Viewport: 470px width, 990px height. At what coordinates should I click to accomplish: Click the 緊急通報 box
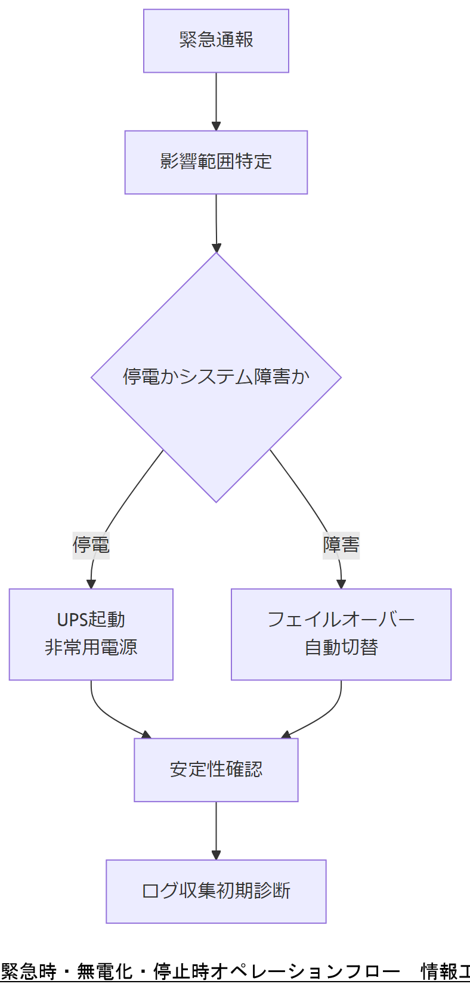tap(216, 41)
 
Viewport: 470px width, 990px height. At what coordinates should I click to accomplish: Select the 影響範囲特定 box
tap(216, 162)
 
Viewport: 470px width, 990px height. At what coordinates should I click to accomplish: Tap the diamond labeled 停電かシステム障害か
tap(216, 377)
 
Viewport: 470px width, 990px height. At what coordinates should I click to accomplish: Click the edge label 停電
tap(91, 544)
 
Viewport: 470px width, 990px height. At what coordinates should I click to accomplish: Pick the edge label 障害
tap(341, 544)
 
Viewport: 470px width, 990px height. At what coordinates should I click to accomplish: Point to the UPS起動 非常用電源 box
tap(91, 634)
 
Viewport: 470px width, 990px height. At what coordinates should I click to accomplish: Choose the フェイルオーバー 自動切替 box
tap(341, 634)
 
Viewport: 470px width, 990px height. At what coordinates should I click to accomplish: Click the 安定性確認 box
tap(216, 769)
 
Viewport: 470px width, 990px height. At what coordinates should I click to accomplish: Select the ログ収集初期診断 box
tap(216, 891)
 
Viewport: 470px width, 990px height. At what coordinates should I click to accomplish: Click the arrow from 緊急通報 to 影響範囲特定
tap(216, 101)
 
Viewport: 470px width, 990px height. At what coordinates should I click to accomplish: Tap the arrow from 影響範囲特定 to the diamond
tap(216, 223)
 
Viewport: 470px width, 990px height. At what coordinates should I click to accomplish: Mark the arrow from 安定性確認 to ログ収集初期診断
tap(216, 830)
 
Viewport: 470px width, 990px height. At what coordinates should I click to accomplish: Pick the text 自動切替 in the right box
tap(341, 648)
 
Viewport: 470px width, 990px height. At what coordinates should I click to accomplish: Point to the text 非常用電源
tap(91, 648)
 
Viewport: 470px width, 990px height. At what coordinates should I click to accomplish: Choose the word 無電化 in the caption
tap(105, 972)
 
